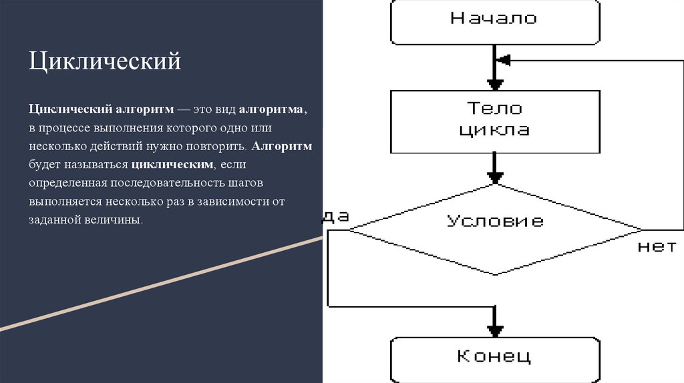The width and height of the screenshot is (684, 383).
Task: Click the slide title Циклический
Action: click(x=105, y=61)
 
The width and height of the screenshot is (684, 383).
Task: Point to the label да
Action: click(x=337, y=216)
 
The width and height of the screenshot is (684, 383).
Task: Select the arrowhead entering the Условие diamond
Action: click(x=494, y=177)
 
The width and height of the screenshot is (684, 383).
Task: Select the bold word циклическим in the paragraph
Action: click(x=173, y=163)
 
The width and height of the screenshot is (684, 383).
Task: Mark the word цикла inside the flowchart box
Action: click(x=494, y=129)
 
